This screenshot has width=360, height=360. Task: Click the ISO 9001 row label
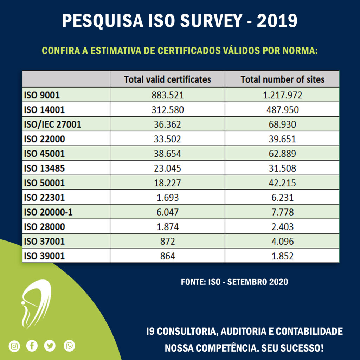42,95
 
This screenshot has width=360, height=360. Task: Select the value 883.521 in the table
167,95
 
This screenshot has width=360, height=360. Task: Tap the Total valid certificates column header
167,79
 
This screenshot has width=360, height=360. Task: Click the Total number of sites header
282,79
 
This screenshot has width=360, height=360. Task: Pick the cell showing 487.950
282,110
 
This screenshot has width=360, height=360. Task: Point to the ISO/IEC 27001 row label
52,124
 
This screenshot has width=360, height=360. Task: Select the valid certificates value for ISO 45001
167,154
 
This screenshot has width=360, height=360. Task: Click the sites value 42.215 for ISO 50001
282,183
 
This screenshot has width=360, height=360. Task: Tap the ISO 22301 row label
44,198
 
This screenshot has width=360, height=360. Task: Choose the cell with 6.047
167,212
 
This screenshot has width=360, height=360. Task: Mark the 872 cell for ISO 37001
167,241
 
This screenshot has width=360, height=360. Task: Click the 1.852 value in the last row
282,256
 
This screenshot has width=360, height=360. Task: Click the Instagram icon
14,346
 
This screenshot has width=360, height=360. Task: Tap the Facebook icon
32,346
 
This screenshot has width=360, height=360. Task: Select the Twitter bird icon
50,346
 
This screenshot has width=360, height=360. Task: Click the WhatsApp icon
69,346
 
